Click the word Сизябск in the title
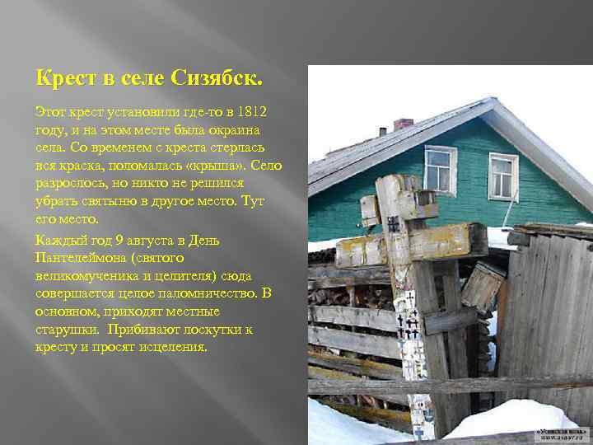click(x=217, y=80)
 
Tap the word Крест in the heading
click(x=63, y=80)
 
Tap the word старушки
click(x=66, y=330)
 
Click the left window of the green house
click(x=440, y=170)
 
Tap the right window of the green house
click(x=502, y=176)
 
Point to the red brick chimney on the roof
click(x=403, y=124)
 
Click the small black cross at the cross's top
click(x=394, y=223)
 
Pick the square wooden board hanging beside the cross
click(x=483, y=286)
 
